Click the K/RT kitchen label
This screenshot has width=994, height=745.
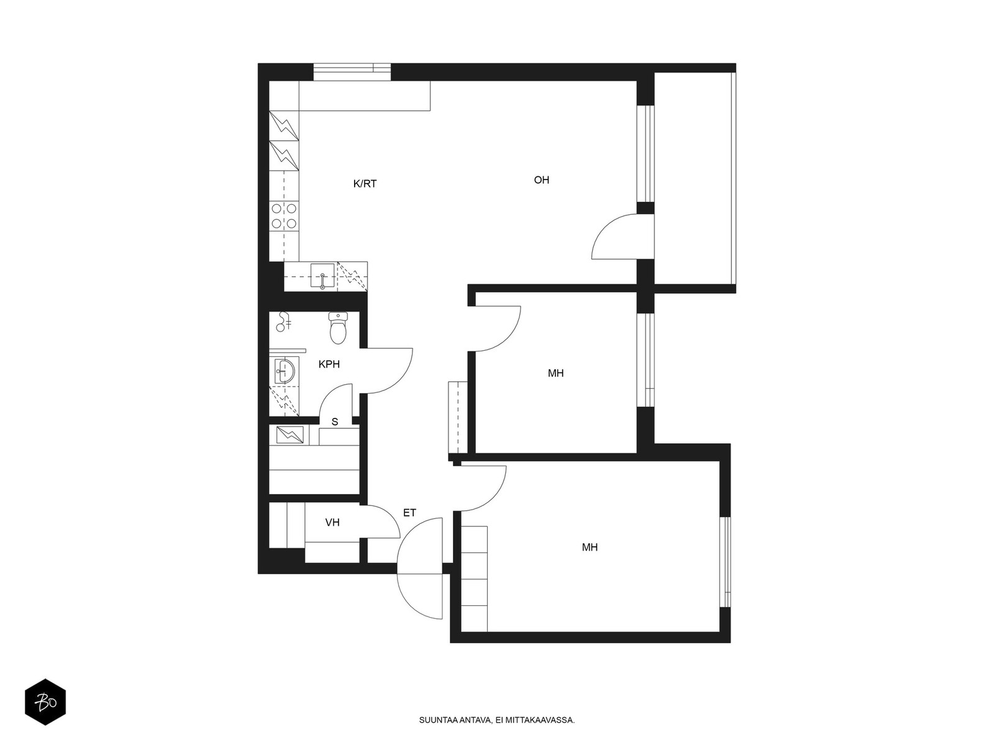point(365,184)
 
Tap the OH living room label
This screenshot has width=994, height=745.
point(541,180)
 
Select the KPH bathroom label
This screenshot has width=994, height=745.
point(329,364)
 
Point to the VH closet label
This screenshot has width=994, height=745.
point(332,523)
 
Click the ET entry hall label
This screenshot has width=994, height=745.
point(409,513)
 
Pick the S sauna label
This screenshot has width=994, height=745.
point(335,422)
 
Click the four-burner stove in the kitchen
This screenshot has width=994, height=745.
point(284,215)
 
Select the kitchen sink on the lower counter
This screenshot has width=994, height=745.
point(322,276)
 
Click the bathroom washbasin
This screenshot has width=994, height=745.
point(285,371)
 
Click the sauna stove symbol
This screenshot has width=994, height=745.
point(290,435)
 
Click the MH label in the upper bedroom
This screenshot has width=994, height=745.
point(555,373)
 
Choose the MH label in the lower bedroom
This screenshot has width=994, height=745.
point(590,548)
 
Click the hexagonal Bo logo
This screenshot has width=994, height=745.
point(45,702)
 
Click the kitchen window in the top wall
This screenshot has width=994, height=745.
point(352,72)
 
